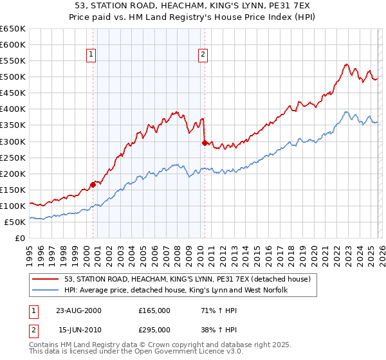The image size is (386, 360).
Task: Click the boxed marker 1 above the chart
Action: pos(91,55)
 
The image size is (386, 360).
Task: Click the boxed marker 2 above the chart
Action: pos(203,55)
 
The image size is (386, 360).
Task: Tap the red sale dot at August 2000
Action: pos(93,184)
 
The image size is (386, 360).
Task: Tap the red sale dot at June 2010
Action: pos(205,143)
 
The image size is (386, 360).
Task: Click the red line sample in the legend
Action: pos(46,279)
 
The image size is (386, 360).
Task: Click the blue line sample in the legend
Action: pos(46,290)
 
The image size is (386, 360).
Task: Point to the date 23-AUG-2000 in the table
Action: pos(78,310)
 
